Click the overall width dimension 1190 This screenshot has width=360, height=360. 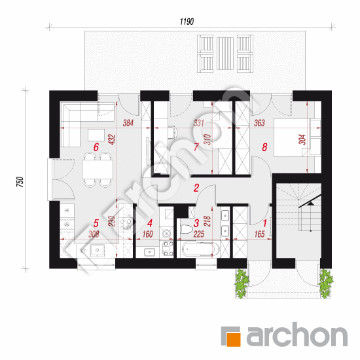[x=187, y=22]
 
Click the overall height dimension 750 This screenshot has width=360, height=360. [x=20, y=182]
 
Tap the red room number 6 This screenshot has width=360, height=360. [x=96, y=147]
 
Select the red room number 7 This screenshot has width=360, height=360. [x=196, y=147]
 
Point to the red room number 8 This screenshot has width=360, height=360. [x=264, y=147]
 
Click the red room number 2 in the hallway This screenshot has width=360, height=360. [x=196, y=188]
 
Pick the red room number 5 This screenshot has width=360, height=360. [x=96, y=223]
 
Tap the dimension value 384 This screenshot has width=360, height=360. [x=128, y=123]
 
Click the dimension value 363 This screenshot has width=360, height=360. [x=259, y=123]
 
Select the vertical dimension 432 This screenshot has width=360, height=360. [x=113, y=139]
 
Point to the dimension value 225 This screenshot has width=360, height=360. [x=198, y=234]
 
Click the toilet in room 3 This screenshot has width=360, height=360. [x=186, y=229]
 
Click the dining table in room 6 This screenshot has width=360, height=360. [x=98, y=170]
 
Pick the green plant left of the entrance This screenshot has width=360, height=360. [x=242, y=284]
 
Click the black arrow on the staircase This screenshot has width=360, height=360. [x=311, y=203]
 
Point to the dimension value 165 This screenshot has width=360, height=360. [x=259, y=234]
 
